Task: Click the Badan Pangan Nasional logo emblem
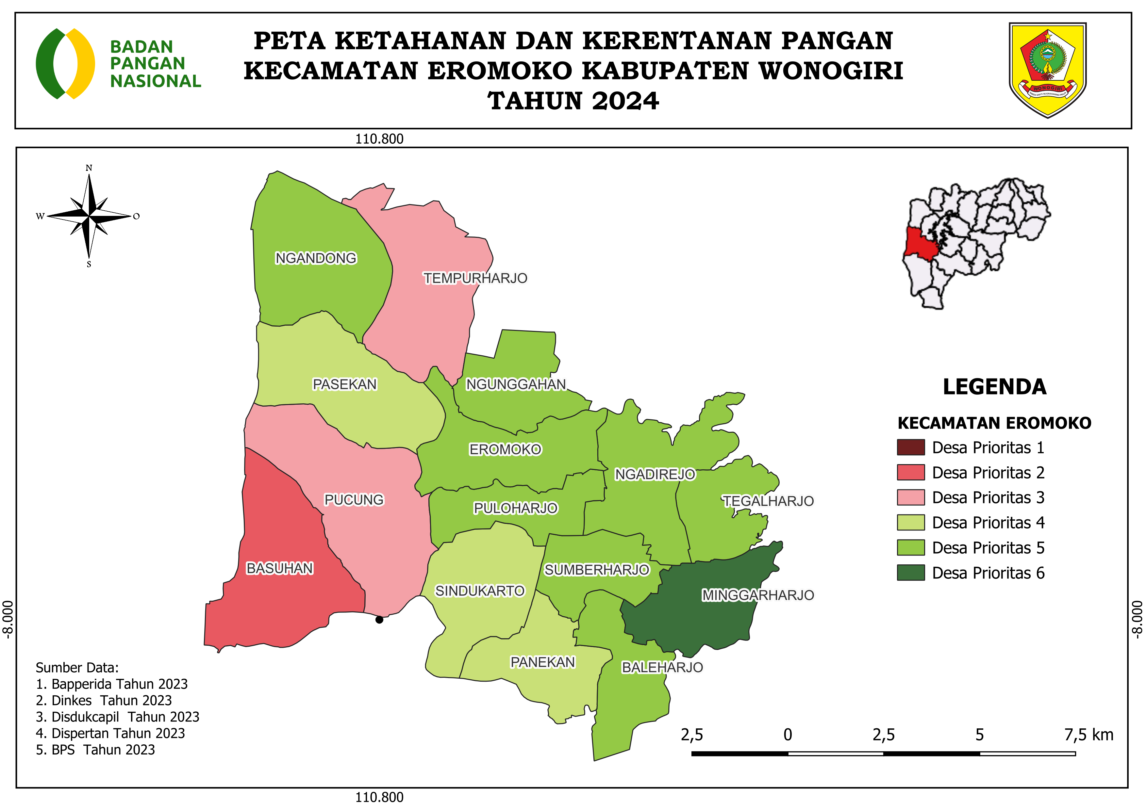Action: pos(65,63)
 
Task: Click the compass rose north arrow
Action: pos(89,216)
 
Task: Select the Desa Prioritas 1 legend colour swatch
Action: pos(910,447)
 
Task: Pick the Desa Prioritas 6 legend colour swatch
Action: pos(910,573)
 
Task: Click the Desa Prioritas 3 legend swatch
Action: pos(910,497)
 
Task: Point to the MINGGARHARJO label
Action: pos(758,595)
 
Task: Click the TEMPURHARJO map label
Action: pos(475,278)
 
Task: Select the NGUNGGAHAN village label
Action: pos(516,384)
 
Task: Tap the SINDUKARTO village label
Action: pos(480,591)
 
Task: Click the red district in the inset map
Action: pos(921,243)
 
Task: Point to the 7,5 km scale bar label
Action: pos(1088,735)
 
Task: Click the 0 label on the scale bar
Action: pos(788,735)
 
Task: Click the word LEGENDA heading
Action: pos(994,387)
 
